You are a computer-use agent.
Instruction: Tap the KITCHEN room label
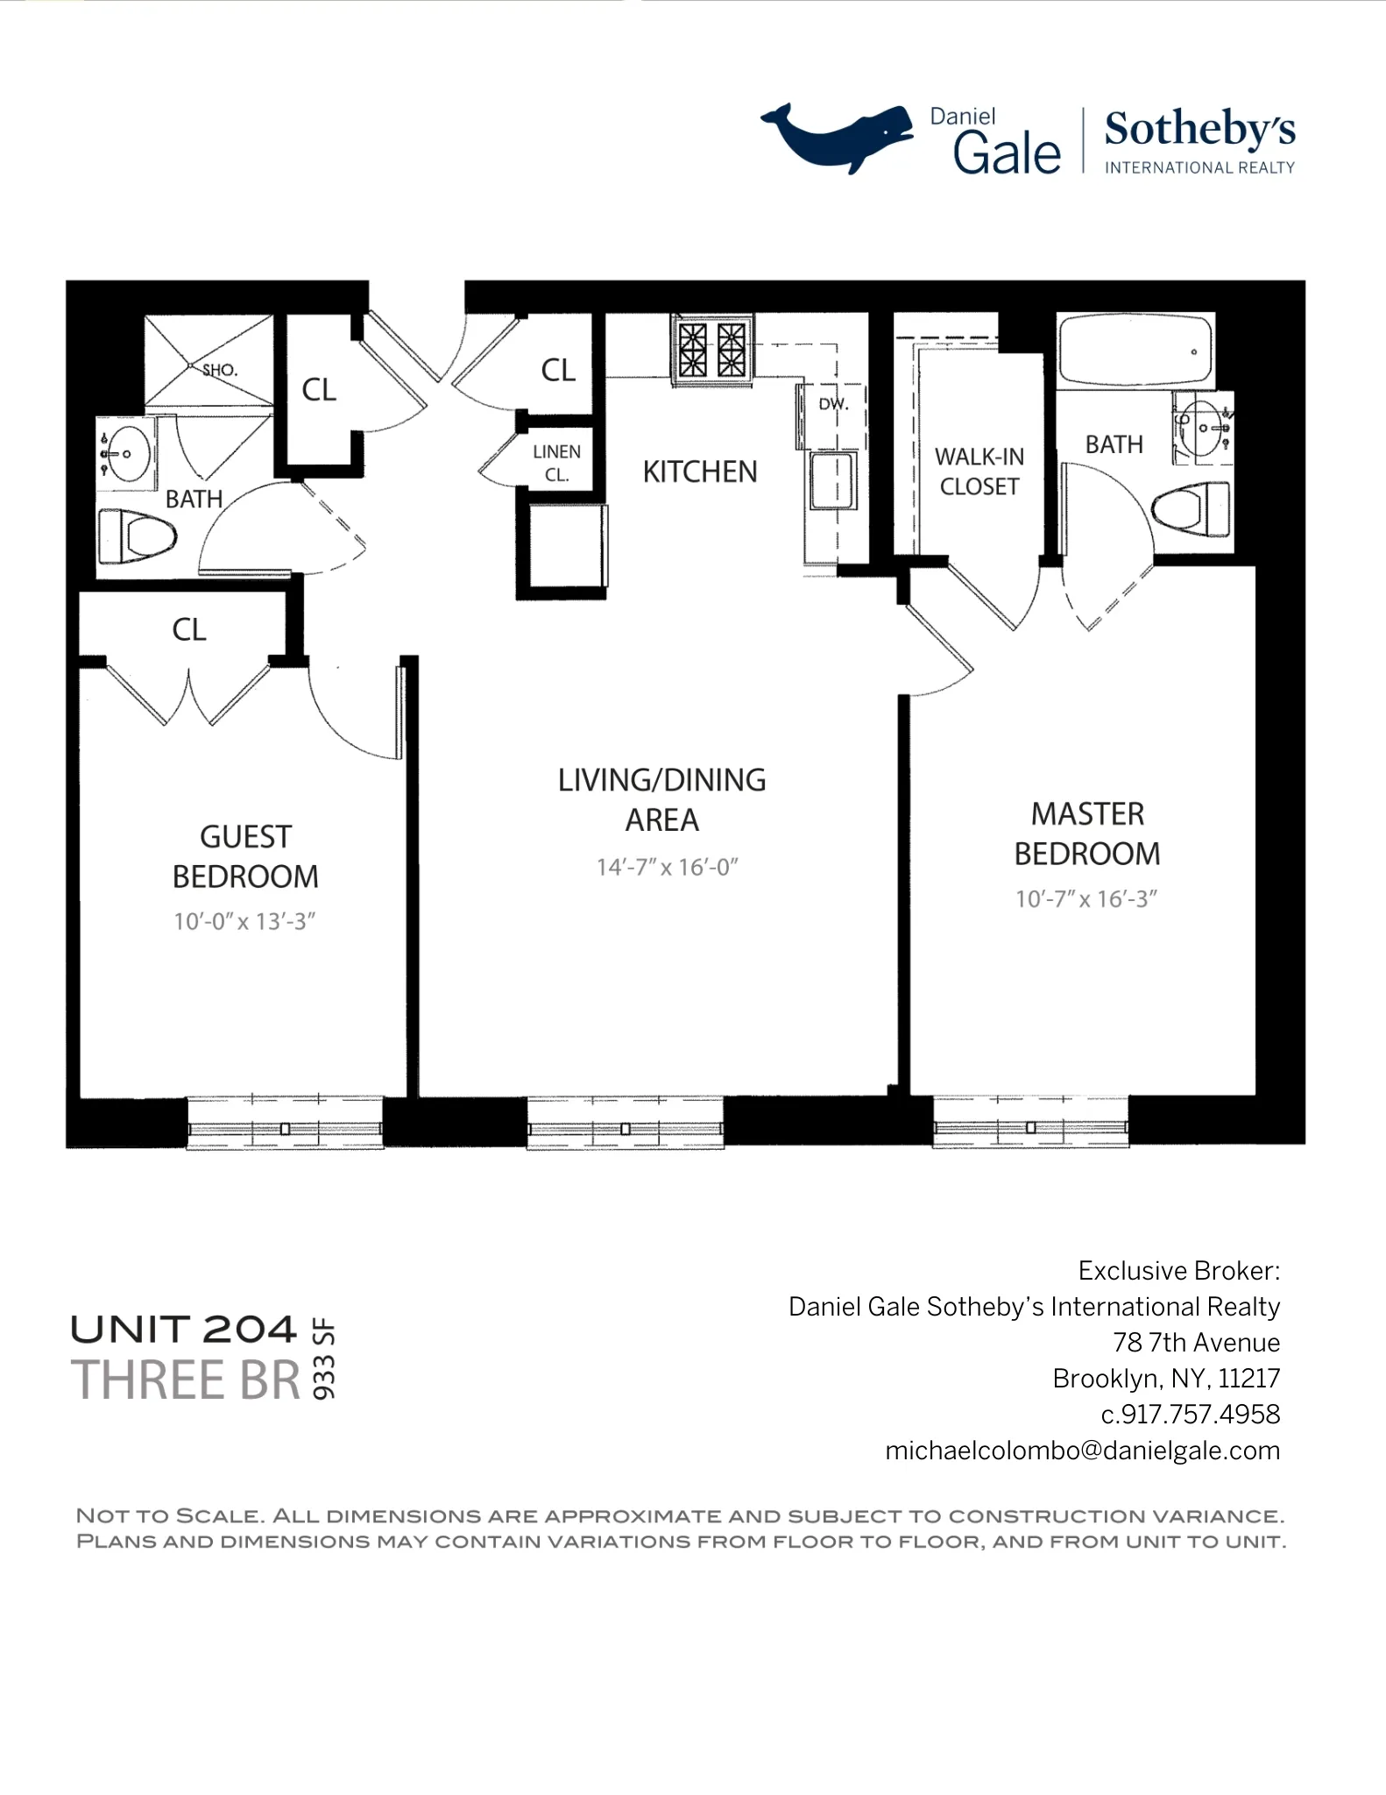tap(699, 472)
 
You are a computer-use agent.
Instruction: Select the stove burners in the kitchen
tap(712, 350)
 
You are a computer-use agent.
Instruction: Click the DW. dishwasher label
tap(833, 404)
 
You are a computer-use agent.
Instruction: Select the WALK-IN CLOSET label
tap(979, 472)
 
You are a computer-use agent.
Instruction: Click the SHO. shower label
tap(220, 370)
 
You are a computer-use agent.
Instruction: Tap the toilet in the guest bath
tap(138, 536)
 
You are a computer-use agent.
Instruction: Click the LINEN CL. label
tap(556, 463)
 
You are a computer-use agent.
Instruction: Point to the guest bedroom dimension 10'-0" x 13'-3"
tap(244, 921)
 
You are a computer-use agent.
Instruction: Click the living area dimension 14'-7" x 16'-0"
tap(667, 867)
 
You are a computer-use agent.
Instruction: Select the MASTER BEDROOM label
tap(1086, 834)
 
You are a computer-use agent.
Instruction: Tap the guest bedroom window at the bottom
tap(285, 1123)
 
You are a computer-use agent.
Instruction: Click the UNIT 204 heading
tap(183, 1330)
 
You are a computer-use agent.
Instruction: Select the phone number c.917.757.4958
tap(1190, 1414)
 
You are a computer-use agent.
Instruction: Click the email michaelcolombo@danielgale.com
tap(1082, 1451)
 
